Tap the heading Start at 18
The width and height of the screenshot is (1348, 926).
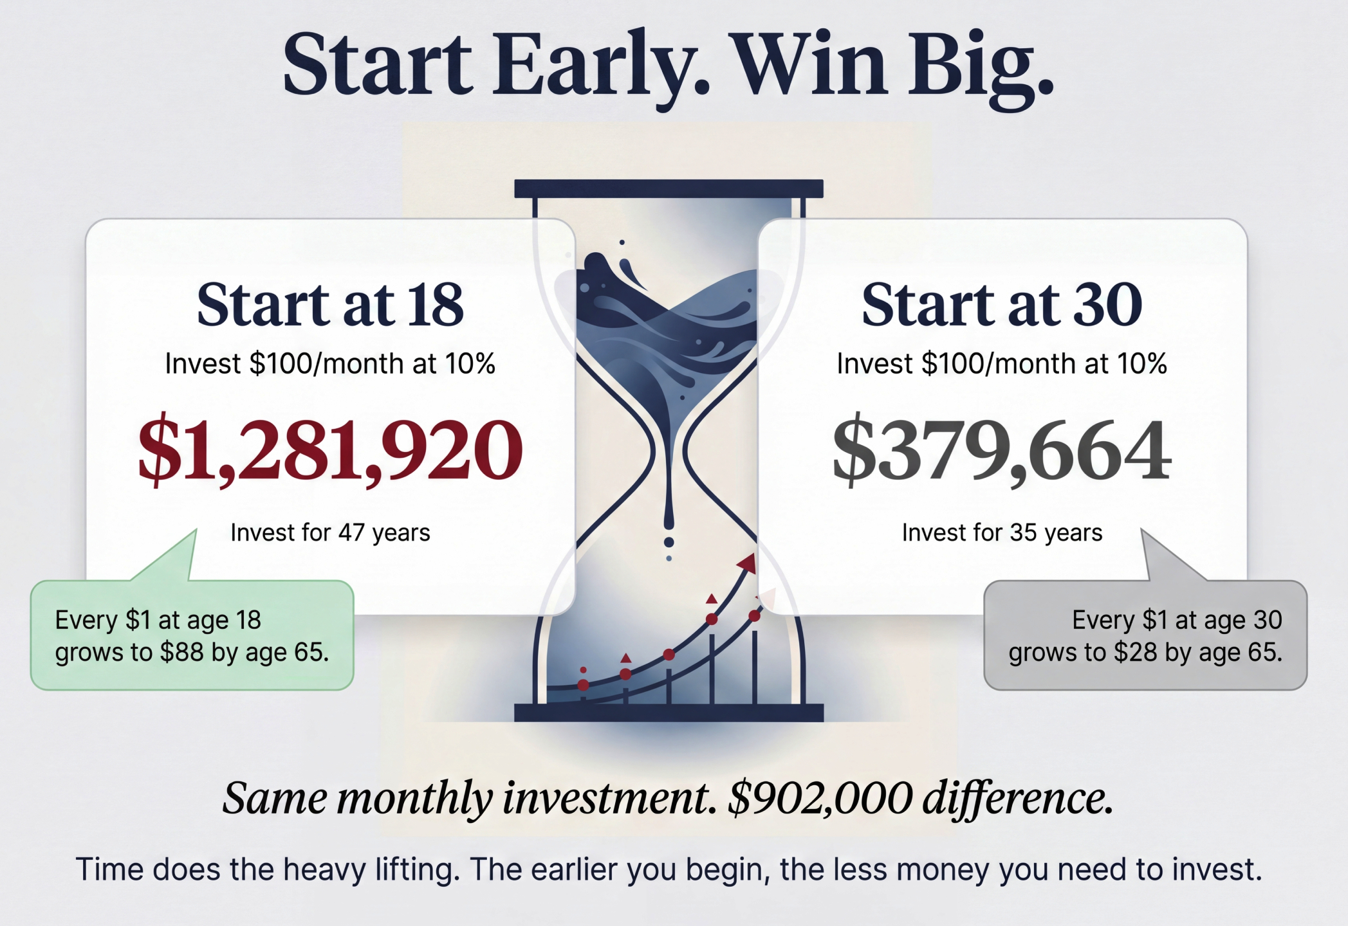330,305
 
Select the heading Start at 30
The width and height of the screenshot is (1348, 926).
1002,305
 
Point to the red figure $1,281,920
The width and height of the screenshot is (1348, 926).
330,449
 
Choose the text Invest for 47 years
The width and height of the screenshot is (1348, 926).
330,532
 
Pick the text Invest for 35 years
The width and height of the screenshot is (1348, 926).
1002,532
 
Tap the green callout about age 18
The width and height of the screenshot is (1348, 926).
192,635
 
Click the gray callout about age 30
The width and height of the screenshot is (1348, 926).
1145,635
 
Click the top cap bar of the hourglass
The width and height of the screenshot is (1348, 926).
669,188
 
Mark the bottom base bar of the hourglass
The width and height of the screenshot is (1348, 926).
669,713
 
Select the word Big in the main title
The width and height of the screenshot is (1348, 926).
981,68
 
